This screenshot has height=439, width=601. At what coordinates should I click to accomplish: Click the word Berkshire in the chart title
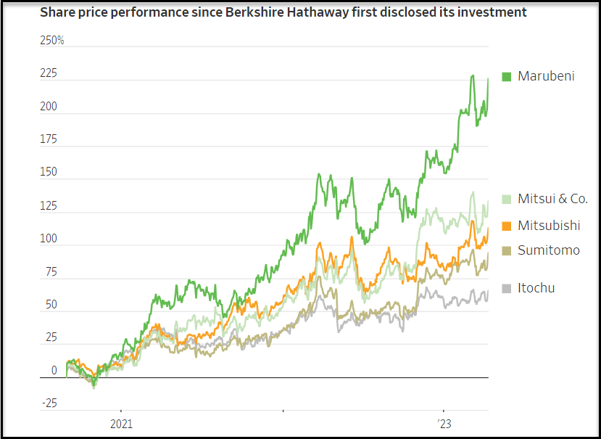click(241, 12)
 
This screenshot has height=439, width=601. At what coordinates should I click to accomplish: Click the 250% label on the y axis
click(51, 41)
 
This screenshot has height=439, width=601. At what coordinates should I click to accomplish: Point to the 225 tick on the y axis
click(49, 74)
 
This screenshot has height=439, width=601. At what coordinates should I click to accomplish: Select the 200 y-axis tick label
click(49, 107)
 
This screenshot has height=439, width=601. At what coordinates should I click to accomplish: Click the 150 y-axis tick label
click(49, 173)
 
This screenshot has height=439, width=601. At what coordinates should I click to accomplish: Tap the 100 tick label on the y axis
click(49, 239)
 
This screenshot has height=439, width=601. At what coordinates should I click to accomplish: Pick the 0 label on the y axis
click(54, 371)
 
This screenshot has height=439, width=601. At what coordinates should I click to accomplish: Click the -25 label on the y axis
click(49, 404)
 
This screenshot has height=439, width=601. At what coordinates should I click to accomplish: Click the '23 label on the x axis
click(443, 423)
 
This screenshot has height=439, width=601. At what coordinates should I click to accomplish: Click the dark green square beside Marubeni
click(507, 76)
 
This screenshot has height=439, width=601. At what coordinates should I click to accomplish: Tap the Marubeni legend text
click(546, 76)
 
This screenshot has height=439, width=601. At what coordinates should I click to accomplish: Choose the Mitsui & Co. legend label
click(552, 199)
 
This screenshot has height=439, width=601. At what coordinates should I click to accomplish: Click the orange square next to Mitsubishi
click(507, 226)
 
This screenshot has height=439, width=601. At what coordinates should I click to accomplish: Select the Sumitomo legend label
click(548, 250)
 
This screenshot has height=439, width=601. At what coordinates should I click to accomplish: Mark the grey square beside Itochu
click(507, 289)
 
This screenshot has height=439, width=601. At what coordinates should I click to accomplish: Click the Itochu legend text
click(536, 288)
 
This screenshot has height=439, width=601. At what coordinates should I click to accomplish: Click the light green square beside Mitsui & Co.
click(507, 200)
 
